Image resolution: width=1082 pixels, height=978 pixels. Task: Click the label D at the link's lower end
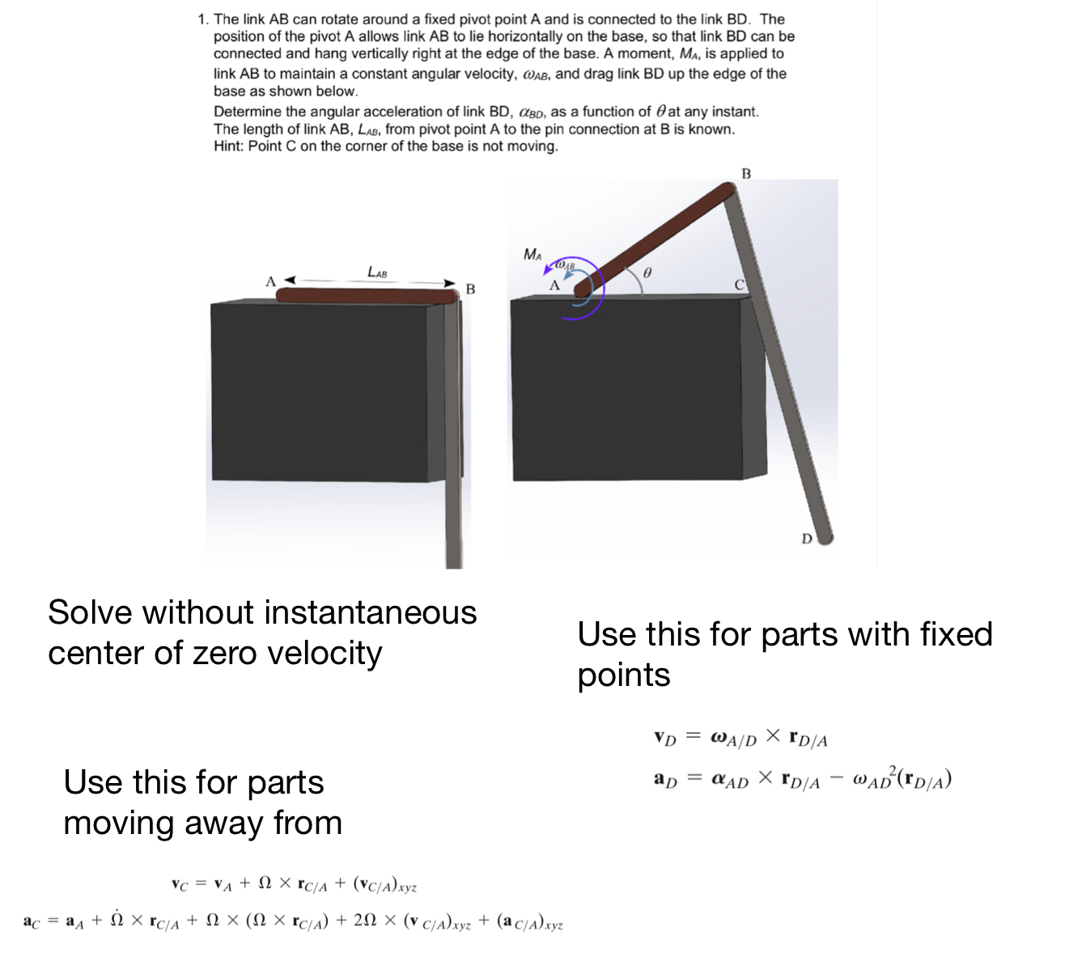(x=806, y=538)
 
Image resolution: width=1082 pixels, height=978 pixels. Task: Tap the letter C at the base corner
(x=739, y=285)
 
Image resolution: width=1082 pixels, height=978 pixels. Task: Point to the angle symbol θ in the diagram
(x=646, y=273)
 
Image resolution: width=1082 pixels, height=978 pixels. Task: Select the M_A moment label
(x=533, y=254)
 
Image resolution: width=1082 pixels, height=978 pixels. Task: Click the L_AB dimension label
(x=377, y=273)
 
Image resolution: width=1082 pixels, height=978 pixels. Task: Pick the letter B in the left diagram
(x=470, y=289)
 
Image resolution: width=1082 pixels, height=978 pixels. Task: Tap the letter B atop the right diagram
(x=746, y=173)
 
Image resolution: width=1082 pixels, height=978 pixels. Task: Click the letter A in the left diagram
(x=270, y=282)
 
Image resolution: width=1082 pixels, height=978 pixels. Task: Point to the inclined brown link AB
(x=656, y=235)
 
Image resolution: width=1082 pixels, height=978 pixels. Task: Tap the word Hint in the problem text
(x=229, y=146)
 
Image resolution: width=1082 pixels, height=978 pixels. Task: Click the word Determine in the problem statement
(x=246, y=112)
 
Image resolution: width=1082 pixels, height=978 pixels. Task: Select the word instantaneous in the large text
(x=373, y=612)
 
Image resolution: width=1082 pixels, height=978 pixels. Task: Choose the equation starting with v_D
(x=740, y=737)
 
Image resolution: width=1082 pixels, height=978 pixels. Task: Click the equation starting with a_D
(x=802, y=778)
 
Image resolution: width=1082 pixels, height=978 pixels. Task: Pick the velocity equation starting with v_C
(x=294, y=885)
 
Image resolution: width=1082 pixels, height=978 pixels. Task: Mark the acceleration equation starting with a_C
(x=293, y=921)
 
